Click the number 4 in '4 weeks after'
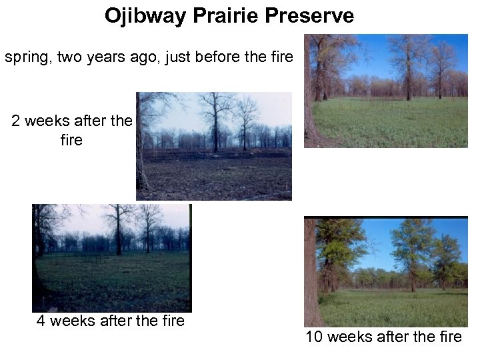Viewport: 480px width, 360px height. (41, 321)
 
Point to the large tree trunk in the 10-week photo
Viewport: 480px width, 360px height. (312, 273)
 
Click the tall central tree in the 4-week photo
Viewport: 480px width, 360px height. (119, 230)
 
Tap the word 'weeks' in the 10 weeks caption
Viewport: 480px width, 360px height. (351, 337)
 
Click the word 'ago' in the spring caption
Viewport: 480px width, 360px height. (149, 57)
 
